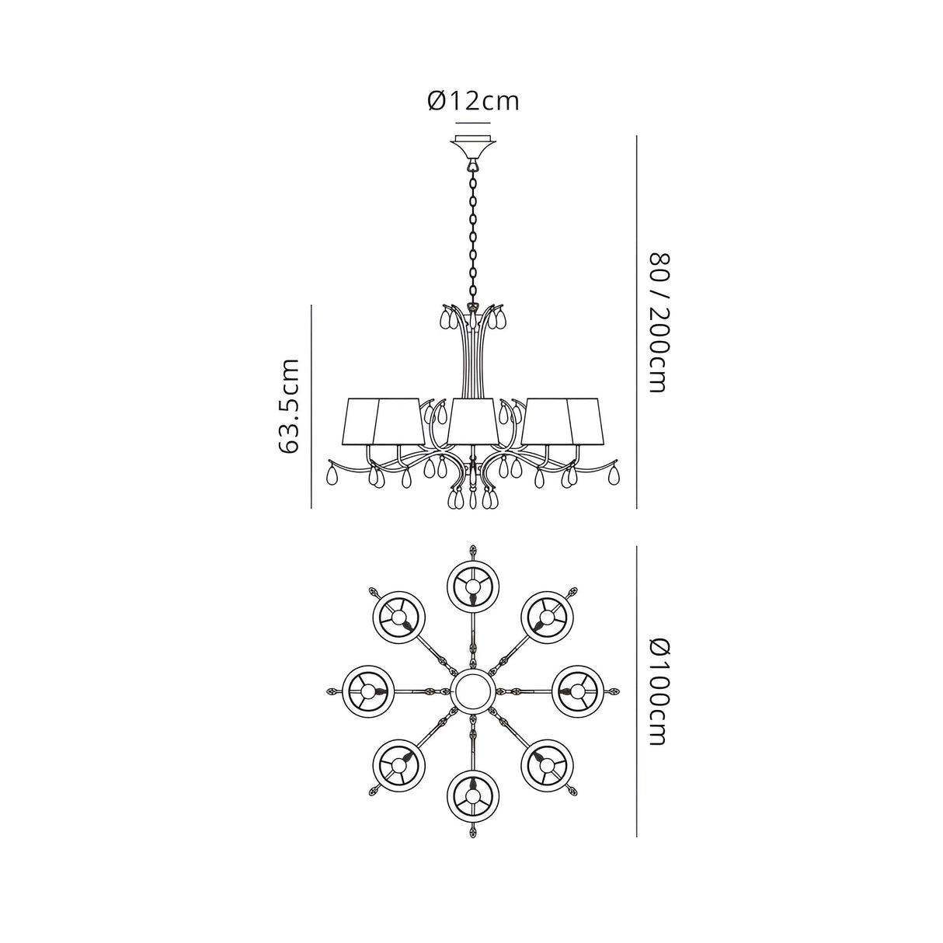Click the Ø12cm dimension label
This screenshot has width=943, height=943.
pos(473,101)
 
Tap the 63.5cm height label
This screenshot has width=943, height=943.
pos(287,405)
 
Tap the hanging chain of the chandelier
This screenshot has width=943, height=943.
pos(473,235)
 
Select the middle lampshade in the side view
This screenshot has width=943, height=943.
pos(473,421)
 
